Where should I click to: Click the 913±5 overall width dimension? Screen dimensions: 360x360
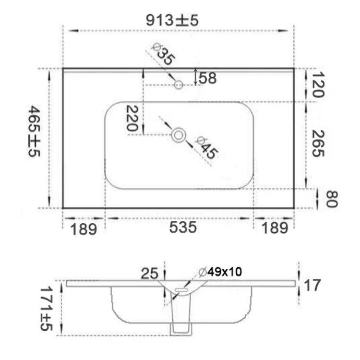(x=172, y=20)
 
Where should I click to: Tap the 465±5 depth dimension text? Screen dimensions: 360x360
(x=35, y=131)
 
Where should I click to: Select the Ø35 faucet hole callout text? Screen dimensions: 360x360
(x=163, y=54)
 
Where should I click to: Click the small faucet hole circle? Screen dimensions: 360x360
(x=179, y=84)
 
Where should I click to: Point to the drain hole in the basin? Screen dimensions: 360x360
(x=179, y=135)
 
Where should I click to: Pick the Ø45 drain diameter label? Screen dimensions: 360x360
(x=206, y=148)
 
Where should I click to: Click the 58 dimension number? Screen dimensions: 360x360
(x=207, y=78)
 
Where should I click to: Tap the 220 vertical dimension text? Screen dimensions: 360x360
(x=132, y=118)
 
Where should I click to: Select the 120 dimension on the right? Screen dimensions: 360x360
(x=318, y=84)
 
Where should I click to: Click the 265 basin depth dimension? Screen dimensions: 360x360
(x=318, y=143)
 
